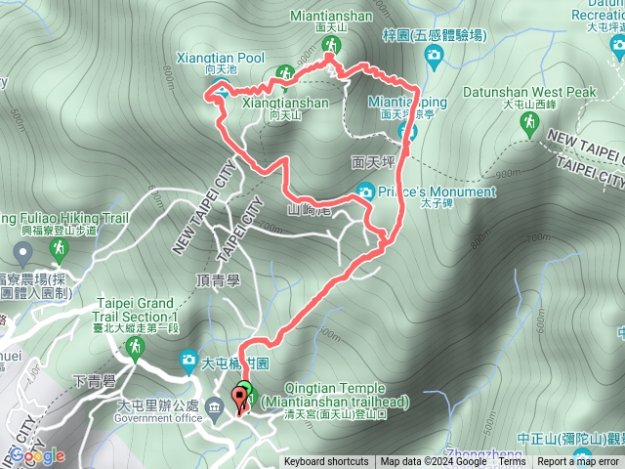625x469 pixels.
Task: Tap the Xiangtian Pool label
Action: (222, 59)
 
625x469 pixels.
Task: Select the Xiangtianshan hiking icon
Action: (284, 73)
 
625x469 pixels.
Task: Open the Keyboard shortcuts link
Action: (326, 462)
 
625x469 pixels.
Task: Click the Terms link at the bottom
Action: (512, 462)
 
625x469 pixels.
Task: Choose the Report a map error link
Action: (579, 462)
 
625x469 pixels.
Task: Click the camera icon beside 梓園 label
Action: (434, 58)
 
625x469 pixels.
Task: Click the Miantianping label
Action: (407, 101)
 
